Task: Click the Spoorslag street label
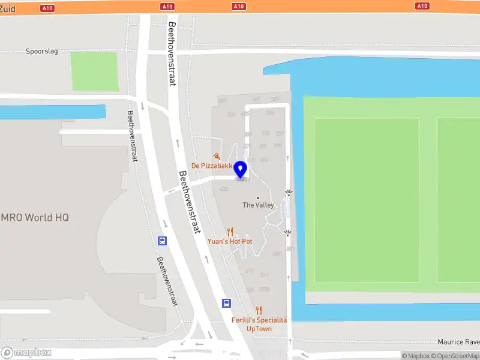click(42, 52)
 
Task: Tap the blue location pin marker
click(241, 170)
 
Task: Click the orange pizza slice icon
click(216, 156)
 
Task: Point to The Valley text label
click(258, 205)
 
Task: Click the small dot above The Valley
click(258, 197)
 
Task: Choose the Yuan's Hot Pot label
click(230, 241)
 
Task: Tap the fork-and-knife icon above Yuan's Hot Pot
click(229, 232)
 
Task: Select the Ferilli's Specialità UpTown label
click(259, 325)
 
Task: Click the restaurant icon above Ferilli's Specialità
click(259, 310)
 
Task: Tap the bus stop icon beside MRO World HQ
click(162, 241)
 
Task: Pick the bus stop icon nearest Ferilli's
click(226, 303)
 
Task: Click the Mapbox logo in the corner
click(26, 353)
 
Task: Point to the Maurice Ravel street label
click(458, 342)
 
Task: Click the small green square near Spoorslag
click(94, 71)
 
